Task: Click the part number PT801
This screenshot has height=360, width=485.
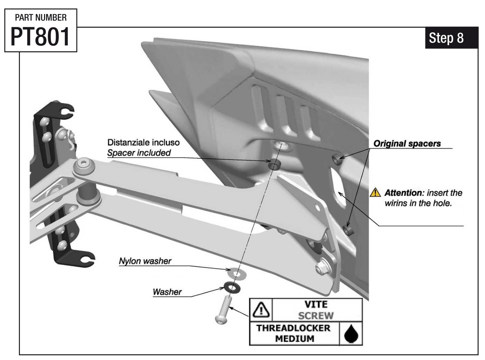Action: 40,36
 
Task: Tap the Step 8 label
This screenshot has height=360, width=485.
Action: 446,38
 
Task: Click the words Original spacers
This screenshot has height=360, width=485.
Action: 407,144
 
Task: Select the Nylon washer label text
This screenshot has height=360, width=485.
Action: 145,261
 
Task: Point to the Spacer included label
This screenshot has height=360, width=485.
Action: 139,153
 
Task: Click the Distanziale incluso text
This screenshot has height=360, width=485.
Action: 143,142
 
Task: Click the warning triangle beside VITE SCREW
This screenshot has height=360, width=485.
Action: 261,309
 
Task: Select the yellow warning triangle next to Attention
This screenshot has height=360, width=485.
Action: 375,192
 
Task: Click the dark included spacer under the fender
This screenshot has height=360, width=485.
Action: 274,165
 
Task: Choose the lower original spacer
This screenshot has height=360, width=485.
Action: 348,230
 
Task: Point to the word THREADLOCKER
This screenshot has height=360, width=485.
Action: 293,328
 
